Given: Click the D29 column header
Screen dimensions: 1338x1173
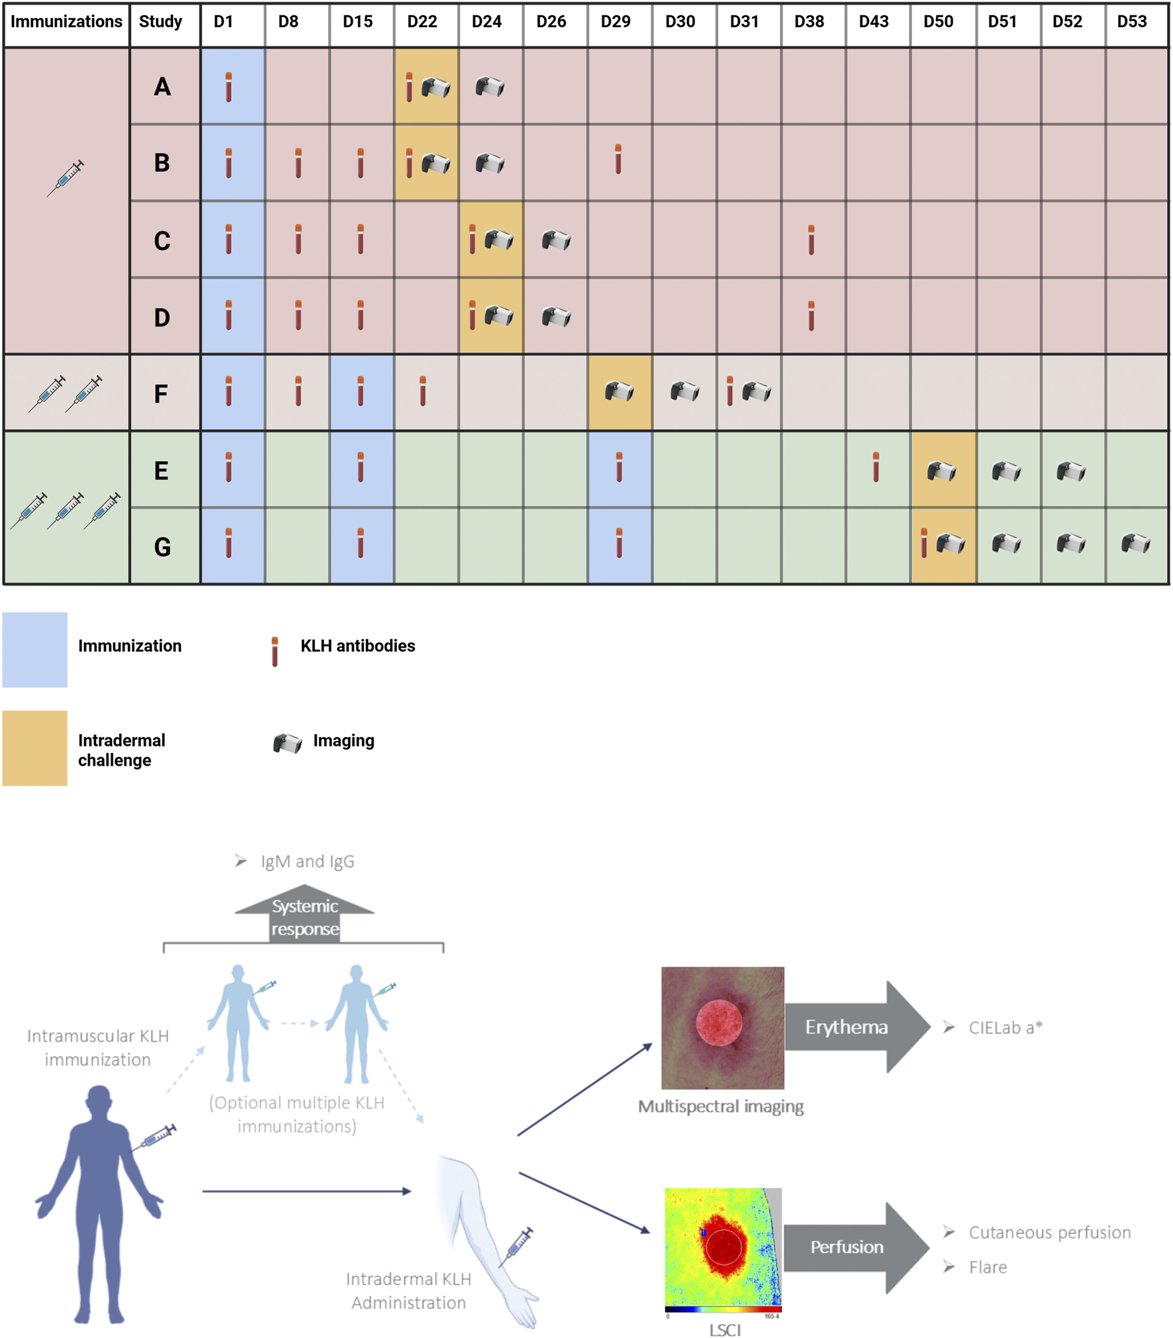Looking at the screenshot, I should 615,22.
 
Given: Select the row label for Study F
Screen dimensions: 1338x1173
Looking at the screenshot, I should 161,393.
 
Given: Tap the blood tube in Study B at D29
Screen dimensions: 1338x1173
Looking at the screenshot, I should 618,159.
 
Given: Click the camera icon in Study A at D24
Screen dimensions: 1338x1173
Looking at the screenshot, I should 490,87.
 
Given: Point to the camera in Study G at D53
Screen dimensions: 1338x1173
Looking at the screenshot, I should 1135,544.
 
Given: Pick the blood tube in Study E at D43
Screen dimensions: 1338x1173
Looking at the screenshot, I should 876,467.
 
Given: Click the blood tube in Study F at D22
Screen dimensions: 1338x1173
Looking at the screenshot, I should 422,391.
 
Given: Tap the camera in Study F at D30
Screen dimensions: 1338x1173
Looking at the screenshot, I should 684,391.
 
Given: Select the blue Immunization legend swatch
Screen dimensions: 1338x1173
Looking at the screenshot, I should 34,649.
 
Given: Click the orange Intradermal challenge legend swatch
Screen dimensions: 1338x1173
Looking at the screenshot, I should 34,748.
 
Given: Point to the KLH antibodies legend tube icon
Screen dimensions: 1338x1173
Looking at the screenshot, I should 275,651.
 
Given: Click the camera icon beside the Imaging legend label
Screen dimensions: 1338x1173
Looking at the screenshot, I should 287,743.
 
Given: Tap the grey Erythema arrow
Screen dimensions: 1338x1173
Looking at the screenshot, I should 854,1027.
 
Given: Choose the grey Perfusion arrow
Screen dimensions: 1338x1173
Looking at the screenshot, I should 854,1247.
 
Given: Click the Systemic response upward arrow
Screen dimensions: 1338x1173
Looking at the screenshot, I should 305,914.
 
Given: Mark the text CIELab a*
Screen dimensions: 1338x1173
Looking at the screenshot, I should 1005,1027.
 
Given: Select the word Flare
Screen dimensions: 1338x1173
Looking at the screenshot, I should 988,1267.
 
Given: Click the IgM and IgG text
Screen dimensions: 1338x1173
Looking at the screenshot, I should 307,861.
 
